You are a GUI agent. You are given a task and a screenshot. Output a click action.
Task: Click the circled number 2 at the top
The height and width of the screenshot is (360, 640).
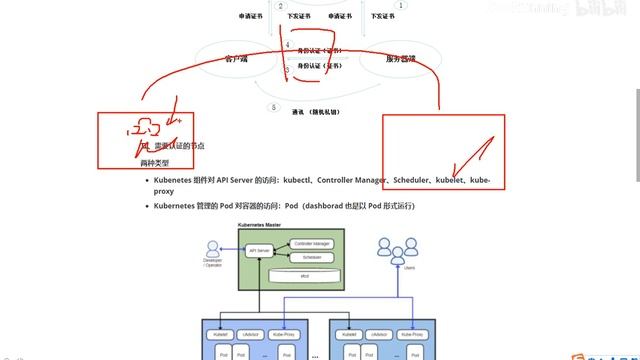tap(281, 6)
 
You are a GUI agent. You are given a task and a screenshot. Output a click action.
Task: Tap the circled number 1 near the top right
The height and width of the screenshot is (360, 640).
tap(401, 6)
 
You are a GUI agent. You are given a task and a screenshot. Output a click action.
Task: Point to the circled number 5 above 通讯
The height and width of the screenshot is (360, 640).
tap(273, 107)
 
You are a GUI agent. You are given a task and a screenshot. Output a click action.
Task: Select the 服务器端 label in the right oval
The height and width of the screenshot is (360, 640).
tap(401, 59)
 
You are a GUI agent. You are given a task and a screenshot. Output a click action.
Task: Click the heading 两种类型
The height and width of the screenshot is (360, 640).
tap(155, 163)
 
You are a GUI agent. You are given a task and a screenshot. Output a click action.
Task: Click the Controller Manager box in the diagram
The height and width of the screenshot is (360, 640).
tap(311, 243)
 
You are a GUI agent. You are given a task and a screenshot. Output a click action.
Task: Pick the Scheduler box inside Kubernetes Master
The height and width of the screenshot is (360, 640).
tap(311, 257)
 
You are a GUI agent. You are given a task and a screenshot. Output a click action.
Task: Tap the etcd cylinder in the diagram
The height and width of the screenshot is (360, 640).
tap(305, 275)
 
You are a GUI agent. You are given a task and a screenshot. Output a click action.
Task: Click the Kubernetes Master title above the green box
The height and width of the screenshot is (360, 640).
tap(259, 225)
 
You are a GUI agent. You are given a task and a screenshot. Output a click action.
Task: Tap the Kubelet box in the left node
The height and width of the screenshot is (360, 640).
tap(222, 333)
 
